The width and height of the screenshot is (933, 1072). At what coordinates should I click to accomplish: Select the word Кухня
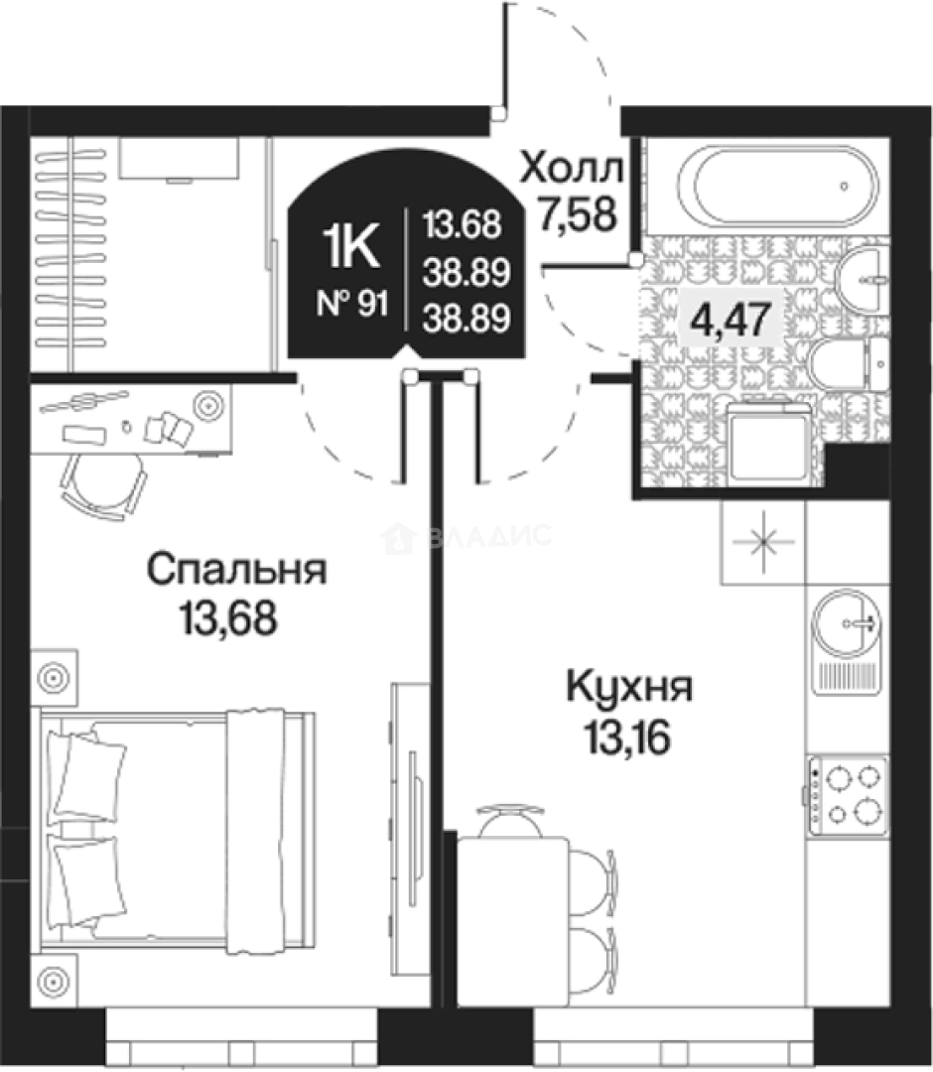628,687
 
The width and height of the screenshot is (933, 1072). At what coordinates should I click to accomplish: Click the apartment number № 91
351,304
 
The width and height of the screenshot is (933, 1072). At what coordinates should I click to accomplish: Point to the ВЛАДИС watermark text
486,537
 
